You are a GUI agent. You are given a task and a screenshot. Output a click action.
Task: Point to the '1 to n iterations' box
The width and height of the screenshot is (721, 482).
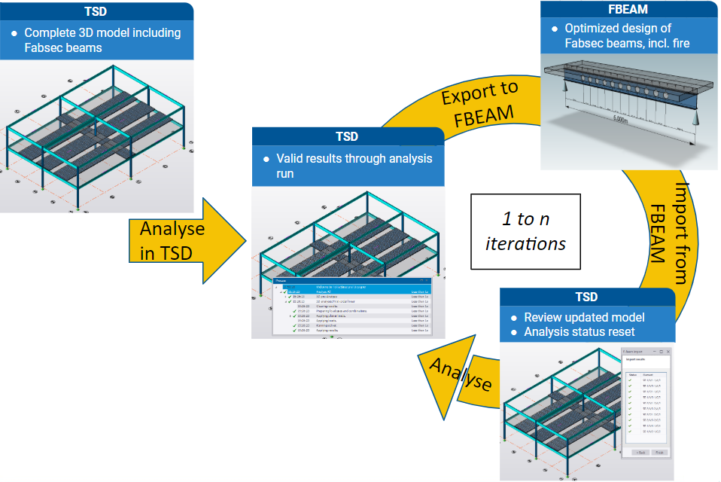click(x=525, y=231)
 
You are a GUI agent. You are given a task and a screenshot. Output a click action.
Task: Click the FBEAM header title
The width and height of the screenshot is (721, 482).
click(x=629, y=11)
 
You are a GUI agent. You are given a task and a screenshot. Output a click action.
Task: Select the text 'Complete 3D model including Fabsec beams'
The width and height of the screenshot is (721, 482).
click(x=102, y=40)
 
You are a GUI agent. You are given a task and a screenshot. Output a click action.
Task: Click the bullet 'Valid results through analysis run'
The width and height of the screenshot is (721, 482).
click(x=354, y=166)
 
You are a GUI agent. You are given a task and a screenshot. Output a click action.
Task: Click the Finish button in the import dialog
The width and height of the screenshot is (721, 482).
click(x=659, y=451)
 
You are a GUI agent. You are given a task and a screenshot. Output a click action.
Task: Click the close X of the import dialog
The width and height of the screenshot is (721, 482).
click(x=668, y=352)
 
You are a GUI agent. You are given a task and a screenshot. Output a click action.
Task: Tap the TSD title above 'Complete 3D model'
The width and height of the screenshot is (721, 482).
click(x=97, y=11)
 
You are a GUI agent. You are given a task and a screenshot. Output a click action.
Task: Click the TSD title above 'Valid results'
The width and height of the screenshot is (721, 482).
click(x=346, y=137)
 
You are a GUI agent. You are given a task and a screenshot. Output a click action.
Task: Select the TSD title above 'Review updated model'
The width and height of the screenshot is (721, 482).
click(x=586, y=297)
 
